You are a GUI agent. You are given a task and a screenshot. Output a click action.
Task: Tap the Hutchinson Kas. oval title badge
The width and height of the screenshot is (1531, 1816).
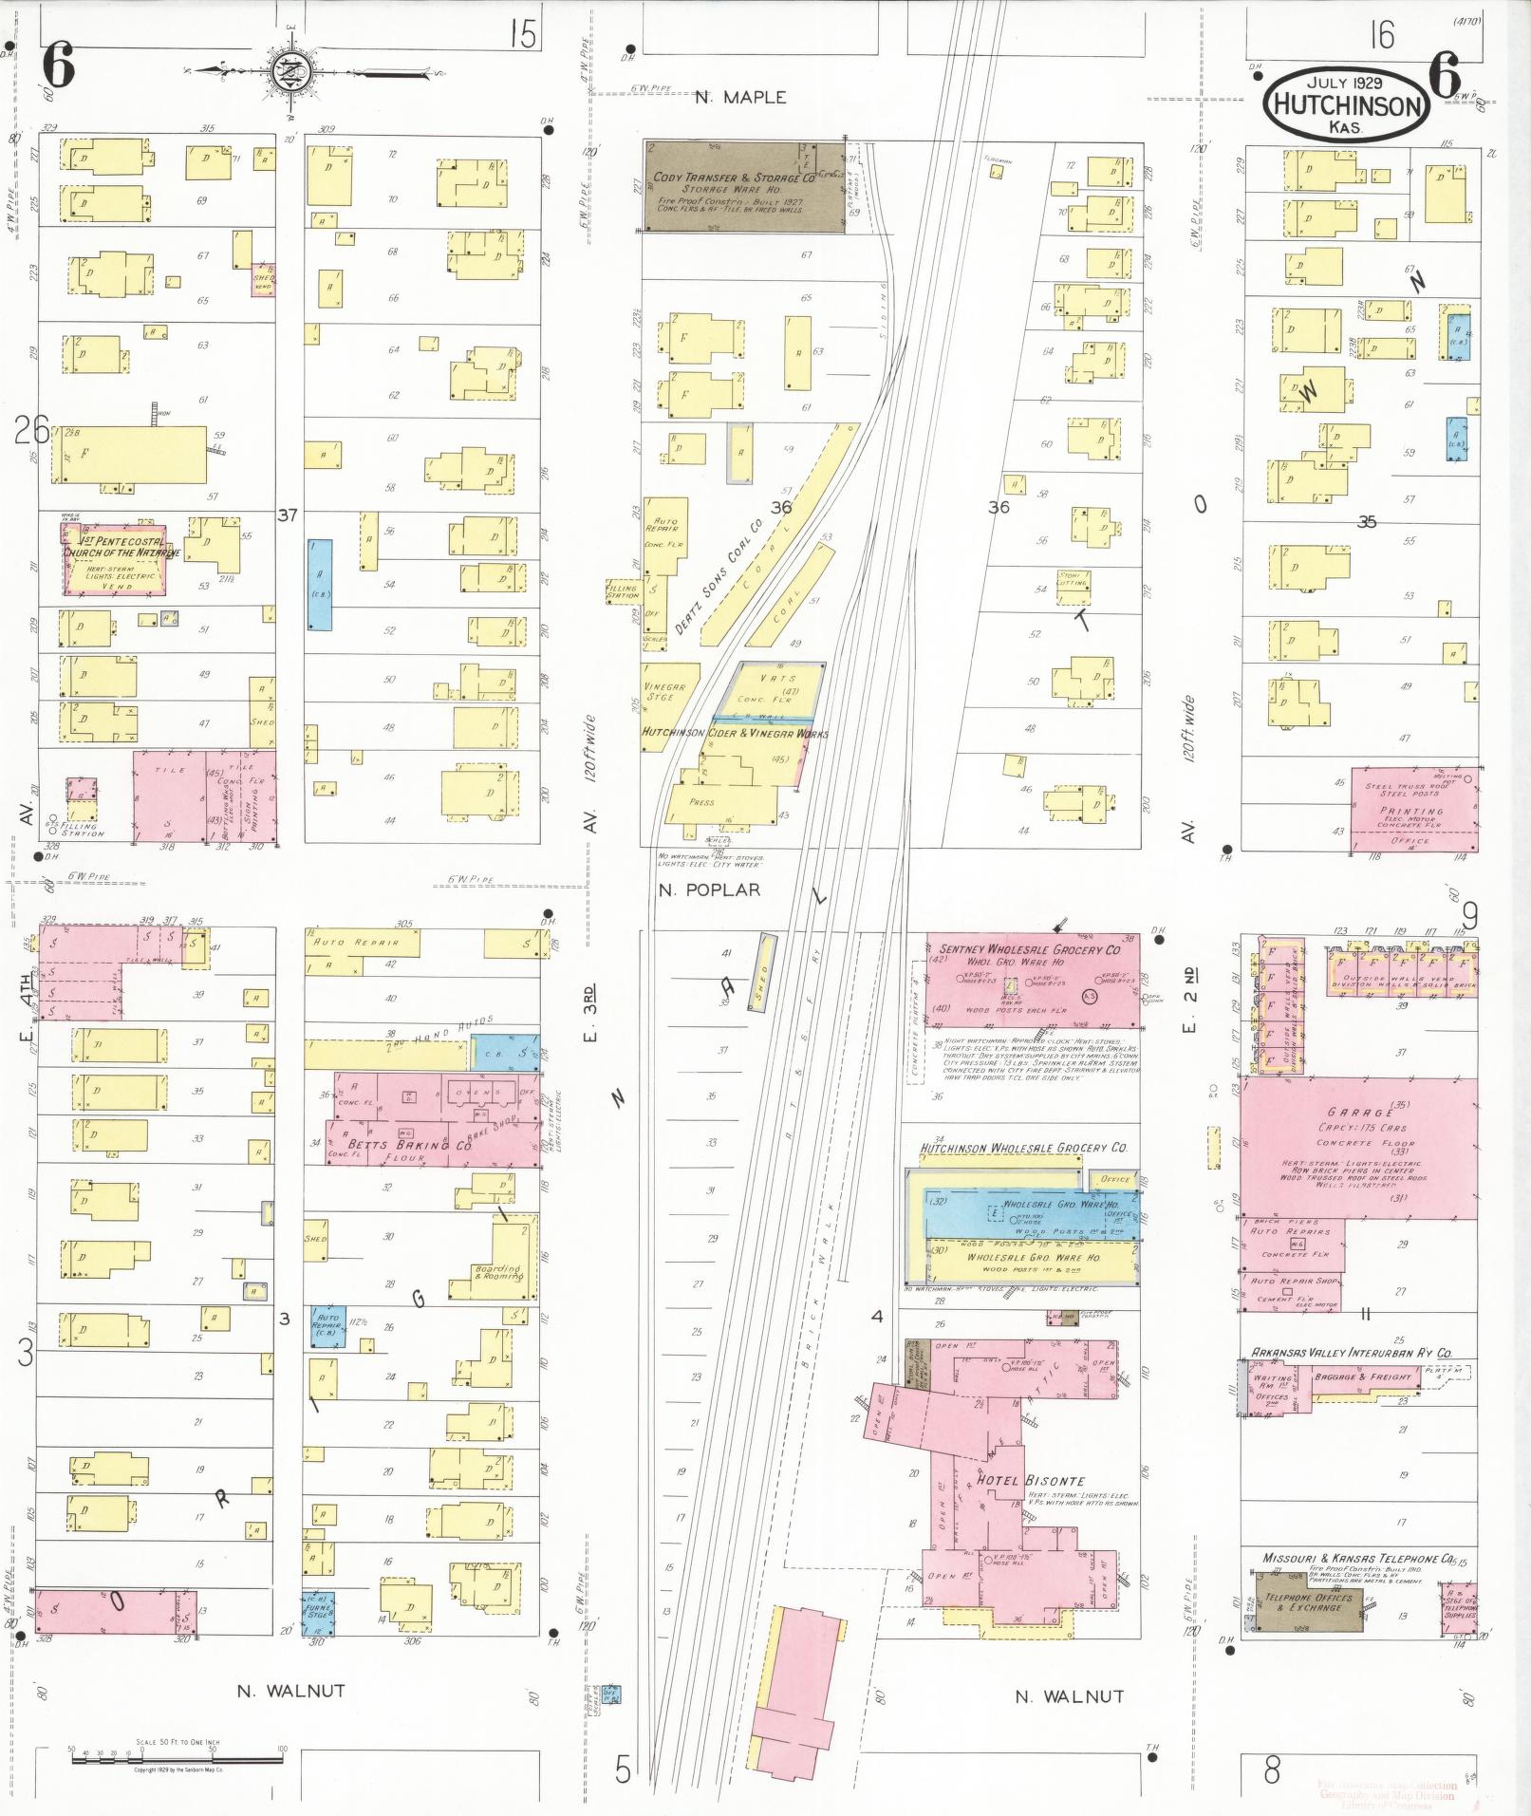[x=1345, y=105]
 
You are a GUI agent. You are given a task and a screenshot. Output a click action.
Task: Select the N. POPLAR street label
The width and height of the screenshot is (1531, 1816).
[x=709, y=889]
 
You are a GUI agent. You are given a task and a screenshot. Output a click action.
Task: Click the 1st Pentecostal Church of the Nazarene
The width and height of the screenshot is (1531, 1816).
[x=116, y=560]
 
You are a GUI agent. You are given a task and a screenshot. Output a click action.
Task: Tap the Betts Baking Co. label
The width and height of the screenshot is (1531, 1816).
[x=410, y=1145]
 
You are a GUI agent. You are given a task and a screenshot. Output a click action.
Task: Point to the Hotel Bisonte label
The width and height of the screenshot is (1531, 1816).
[x=1018, y=1479]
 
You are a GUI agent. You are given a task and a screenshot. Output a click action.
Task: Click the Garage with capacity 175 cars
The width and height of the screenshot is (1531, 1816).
[x=1357, y=1148]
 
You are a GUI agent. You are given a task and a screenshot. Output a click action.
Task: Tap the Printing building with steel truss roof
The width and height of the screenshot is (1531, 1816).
[x=1414, y=810]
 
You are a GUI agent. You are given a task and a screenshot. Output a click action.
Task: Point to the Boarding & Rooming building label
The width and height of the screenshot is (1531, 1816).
[x=498, y=1272]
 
